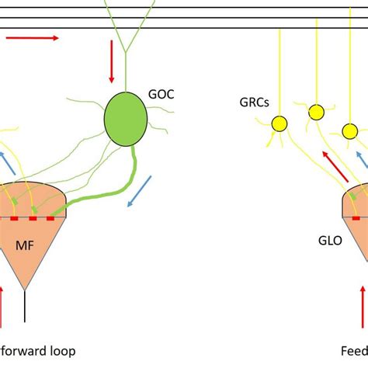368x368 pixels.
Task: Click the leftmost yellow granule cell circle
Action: click(x=278, y=123)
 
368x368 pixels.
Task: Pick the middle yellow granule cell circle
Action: click(x=316, y=113)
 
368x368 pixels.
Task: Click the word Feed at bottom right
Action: click(x=355, y=350)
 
